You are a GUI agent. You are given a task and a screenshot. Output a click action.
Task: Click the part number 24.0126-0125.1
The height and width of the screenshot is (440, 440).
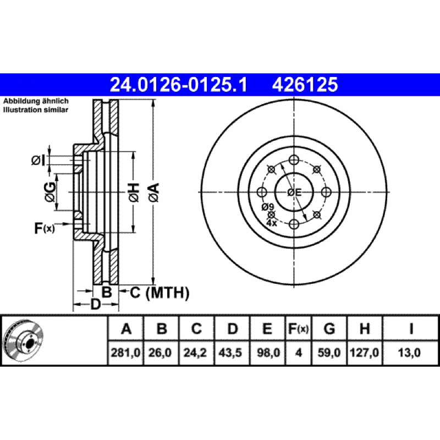click(178, 85)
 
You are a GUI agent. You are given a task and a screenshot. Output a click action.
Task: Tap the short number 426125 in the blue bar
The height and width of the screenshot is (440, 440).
click(305, 85)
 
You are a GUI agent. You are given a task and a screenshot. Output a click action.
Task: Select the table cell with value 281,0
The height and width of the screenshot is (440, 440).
click(125, 353)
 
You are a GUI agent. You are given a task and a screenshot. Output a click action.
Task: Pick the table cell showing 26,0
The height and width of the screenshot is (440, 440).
click(161, 353)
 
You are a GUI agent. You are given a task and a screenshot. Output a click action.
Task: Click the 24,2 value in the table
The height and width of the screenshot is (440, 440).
click(196, 353)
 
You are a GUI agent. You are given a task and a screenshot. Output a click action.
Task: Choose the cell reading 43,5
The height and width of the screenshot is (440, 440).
click(231, 353)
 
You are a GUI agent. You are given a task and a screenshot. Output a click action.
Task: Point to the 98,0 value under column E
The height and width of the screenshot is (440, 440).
click(267, 353)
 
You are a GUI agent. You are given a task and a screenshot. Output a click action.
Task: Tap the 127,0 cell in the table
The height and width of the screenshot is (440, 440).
click(364, 353)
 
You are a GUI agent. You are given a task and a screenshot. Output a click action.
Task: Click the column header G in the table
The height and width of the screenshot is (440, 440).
click(329, 328)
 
